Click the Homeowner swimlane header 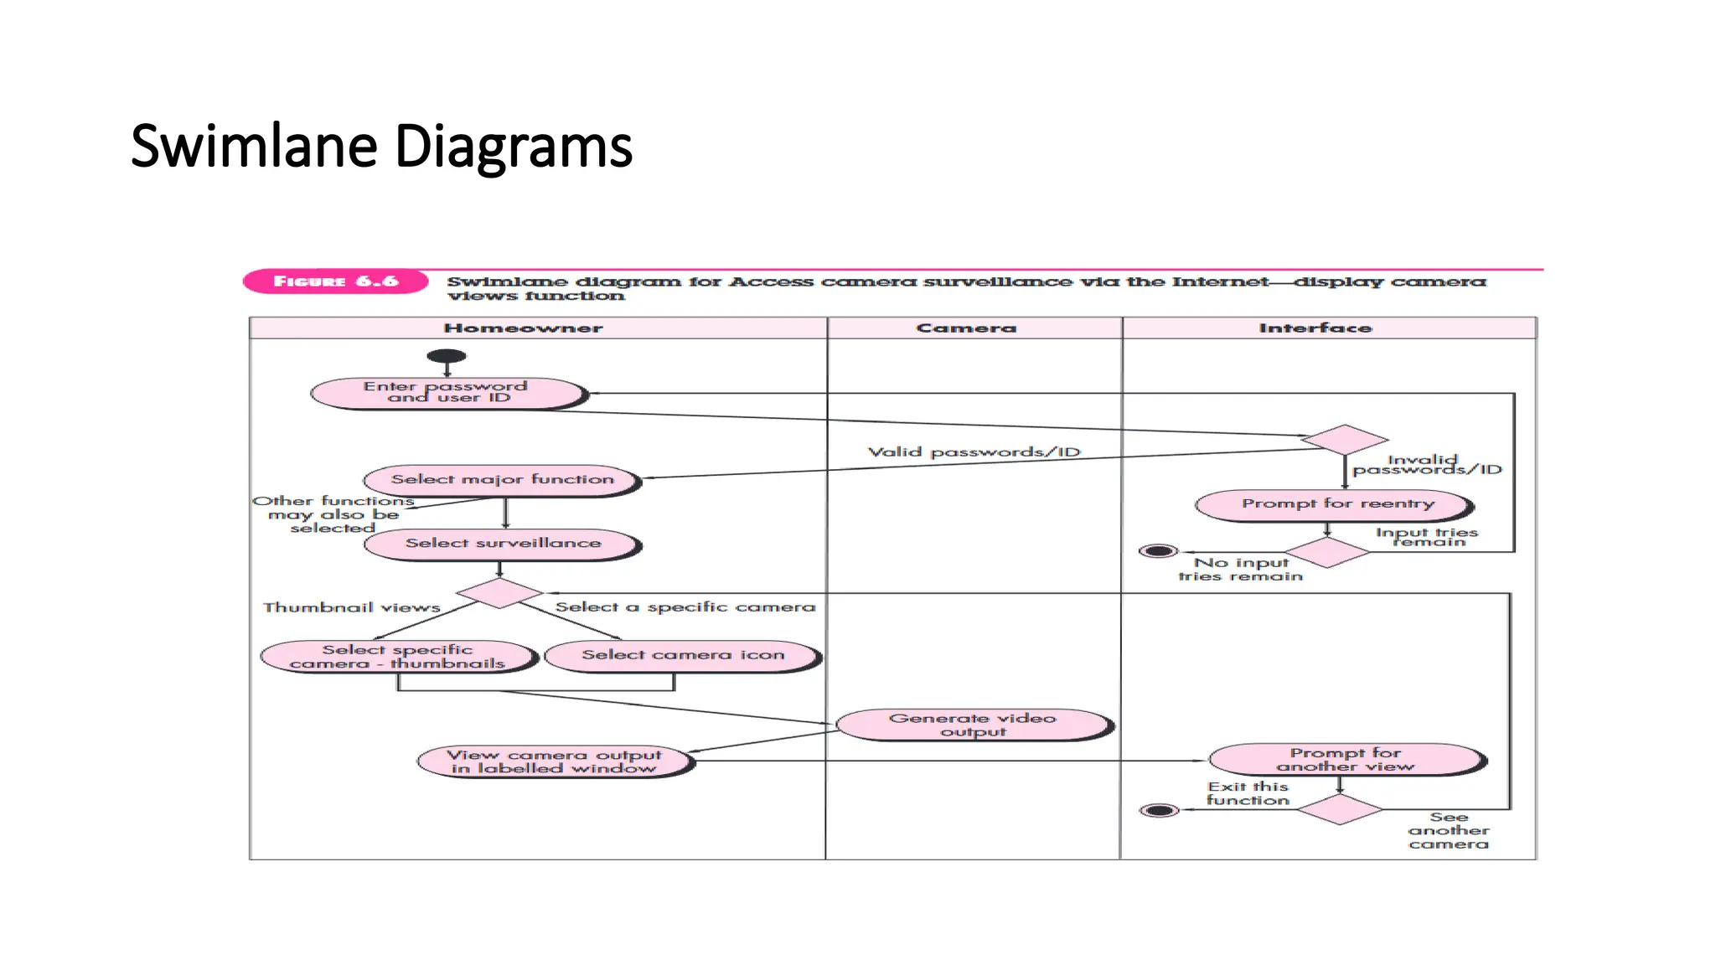pyautogui.click(x=523, y=328)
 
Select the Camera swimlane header pyautogui.click(x=966, y=328)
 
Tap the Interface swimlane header pyautogui.click(x=1315, y=328)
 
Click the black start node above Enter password pyautogui.click(x=447, y=356)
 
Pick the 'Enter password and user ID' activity pyautogui.click(x=447, y=392)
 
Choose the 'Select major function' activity pyautogui.click(x=502, y=480)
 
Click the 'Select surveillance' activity pyautogui.click(x=503, y=544)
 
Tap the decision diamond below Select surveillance pyautogui.click(x=499, y=592)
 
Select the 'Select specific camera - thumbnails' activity pyautogui.click(x=398, y=656)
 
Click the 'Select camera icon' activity pyautogui.click(x=683, y=655)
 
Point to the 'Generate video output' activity pyautogui.click(x=973, y=725)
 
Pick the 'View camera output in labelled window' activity pyautogui.click(x=555, y=761)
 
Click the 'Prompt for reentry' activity pyautogui.click(x=1336, y=504)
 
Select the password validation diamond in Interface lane pyautogui.click(x=1344, y=439)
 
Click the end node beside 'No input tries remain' pyautogui.click(x=1158, y=551)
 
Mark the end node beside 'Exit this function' pyautogui.click(x=1160, y=810)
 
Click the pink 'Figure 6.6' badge pyautogui.click(x=335, y=281)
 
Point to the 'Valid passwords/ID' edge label pyautogui.click(x=974, y=452)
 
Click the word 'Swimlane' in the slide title pyautogui.click(x=255, y=147)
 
